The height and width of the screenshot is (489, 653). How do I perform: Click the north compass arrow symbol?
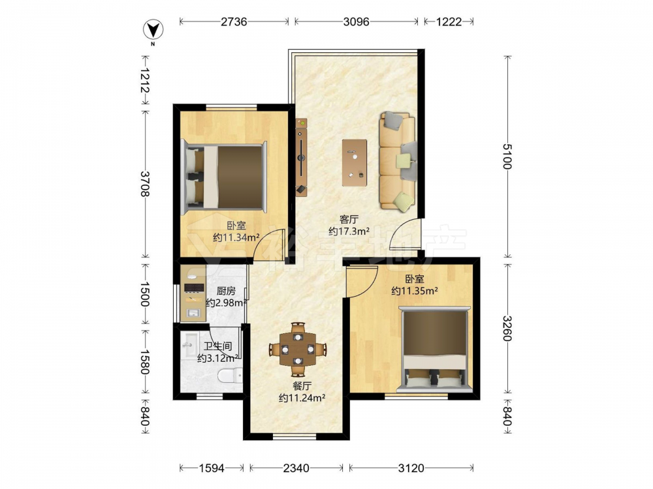point(153,30)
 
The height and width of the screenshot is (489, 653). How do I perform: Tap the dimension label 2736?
point(234,22)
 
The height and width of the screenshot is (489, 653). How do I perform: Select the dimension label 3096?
point(356,22)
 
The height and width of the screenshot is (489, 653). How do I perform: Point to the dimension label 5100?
point(507,156)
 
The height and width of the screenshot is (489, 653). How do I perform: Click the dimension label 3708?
point(146,185)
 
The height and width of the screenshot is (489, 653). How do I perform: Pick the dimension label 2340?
point(296,468)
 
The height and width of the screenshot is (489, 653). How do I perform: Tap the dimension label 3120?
point(411,468)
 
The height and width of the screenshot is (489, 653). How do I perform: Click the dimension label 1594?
point(212,468)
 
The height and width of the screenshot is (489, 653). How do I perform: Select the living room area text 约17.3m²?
point(349,231)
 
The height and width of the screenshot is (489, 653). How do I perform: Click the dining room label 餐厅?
point(302,386)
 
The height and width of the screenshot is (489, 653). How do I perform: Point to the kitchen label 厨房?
point(226,291)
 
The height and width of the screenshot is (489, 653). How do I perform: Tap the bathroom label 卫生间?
point(218,346)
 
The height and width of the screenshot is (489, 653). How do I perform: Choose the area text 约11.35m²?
point(415,291)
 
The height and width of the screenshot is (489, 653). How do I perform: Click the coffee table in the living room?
point(355,162)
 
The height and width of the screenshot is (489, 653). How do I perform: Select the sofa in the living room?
point(398,160)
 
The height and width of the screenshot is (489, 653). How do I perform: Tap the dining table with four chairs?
point(297,349)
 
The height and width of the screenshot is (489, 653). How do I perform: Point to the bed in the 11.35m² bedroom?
point(435,349)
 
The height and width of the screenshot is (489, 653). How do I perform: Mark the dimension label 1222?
point(449,22)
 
